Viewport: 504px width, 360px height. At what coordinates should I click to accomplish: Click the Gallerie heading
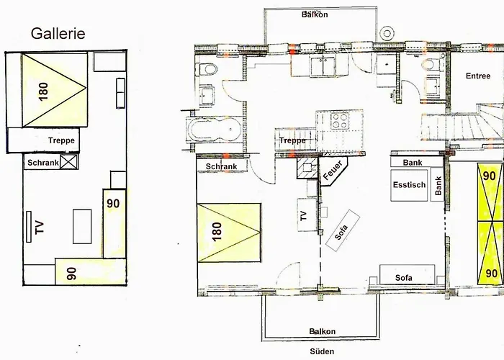coord(58,34)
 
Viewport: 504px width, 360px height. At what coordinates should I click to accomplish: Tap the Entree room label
coord(478,76)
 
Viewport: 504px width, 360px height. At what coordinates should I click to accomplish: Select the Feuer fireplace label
coord(333,171)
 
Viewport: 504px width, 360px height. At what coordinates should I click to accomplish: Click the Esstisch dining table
coord(409,185)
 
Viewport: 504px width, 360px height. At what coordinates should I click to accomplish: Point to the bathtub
coord(214,129)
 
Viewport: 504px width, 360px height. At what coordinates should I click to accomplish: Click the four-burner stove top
coord(340,121)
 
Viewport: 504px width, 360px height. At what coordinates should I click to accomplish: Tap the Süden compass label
coord(322,351)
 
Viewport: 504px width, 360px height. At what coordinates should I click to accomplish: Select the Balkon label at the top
coord(315,14)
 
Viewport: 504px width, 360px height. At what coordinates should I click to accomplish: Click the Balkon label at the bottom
coord(323,331)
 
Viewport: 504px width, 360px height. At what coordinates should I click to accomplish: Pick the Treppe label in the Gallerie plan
coord(61,140)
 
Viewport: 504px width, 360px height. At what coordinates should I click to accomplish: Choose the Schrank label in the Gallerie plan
coord(43,163)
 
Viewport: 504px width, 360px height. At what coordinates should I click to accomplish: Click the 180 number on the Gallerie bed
coord(43,92)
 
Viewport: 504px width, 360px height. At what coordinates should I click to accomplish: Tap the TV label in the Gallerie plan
coord(40,228)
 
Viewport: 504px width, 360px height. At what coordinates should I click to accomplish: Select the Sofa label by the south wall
coord(404,278)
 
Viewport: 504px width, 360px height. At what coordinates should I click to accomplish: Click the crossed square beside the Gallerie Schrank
coord(69,162)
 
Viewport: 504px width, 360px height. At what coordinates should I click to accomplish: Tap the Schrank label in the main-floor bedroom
coord(222,166)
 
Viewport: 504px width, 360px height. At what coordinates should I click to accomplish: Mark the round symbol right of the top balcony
coord(387,33)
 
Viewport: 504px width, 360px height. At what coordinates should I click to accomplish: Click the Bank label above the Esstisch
coord(413,163)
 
